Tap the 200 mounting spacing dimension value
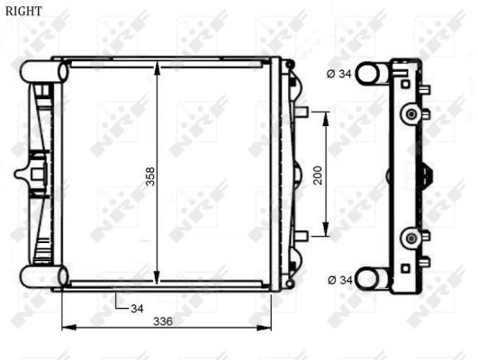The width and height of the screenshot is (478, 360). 317,174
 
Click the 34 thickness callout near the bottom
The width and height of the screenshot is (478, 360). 137,309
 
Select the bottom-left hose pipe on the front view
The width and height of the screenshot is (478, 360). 41,274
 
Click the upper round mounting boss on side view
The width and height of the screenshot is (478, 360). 412,113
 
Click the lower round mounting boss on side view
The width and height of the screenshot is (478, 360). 412,238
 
